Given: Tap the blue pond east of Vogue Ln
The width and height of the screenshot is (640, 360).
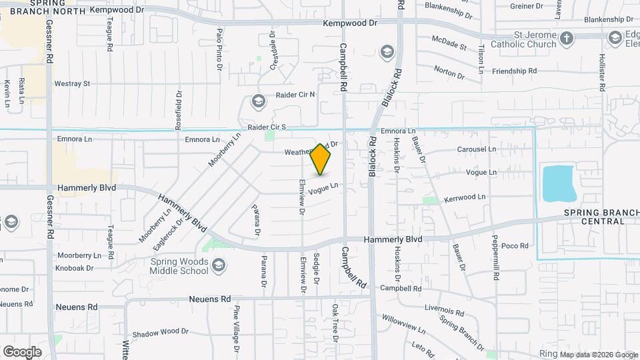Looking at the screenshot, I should tap(558, 183).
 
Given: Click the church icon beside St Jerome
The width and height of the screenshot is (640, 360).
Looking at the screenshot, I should tap(566, 38).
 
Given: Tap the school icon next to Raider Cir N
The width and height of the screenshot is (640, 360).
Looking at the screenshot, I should tap(257, 101).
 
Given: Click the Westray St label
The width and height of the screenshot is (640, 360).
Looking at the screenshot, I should tap(72, 84).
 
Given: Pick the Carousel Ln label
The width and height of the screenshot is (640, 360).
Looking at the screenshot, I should tap(477, 150).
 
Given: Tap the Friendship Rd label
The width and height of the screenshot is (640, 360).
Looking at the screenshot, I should tap(514, 71).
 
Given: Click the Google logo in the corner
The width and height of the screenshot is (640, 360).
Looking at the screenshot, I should tap(22, 351).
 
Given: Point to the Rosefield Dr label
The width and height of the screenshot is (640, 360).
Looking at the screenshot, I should tap(178, 110).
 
